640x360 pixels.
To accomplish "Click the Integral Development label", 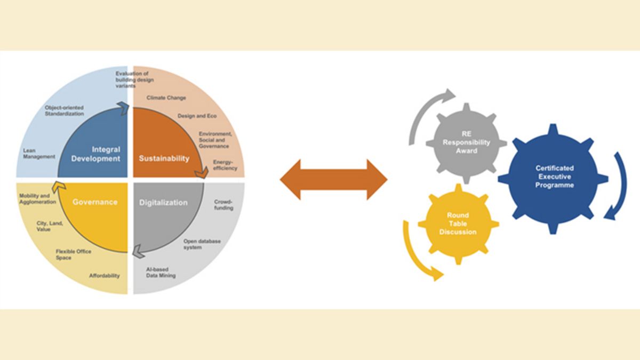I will point(96,154).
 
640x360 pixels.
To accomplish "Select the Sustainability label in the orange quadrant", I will point(164,158).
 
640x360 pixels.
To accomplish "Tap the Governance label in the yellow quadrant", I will point(94,202).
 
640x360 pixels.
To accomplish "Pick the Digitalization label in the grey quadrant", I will point(163,203).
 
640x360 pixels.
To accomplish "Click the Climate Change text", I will point(166,98).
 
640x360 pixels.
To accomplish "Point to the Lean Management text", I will point(39,154).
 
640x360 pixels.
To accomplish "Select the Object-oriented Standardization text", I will point(64,110).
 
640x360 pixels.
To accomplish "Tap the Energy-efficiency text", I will point(225,165).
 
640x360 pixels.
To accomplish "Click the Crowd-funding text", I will point(223,205).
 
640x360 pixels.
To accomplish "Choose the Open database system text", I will point(202,244).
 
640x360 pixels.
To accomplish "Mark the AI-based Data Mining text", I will point(161,273).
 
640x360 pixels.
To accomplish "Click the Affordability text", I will point(105,276).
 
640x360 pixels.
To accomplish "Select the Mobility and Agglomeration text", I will point(37,199).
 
